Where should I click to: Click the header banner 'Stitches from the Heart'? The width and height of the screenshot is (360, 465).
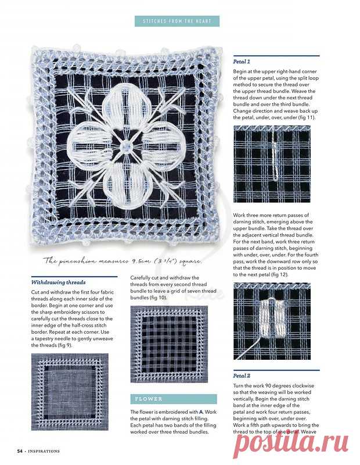177,22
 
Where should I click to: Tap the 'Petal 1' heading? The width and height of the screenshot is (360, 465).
242,61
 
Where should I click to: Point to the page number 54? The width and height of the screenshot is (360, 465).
20,450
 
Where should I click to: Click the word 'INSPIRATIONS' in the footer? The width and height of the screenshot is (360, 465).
43,450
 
